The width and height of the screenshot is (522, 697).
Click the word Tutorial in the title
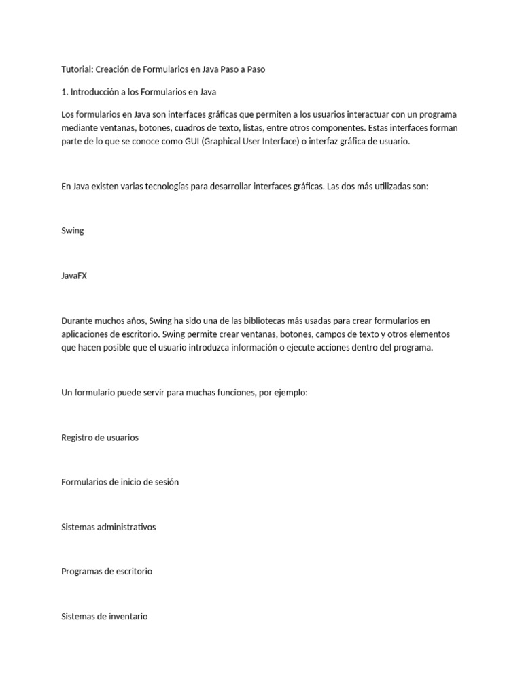(76, 69)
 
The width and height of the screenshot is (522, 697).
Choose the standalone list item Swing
(73, 231)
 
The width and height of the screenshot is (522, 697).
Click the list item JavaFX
(74, 276)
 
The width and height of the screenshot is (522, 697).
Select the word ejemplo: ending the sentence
(292, 393)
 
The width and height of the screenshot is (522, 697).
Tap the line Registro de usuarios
(100, 438)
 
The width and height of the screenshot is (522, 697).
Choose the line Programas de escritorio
(107, 572)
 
